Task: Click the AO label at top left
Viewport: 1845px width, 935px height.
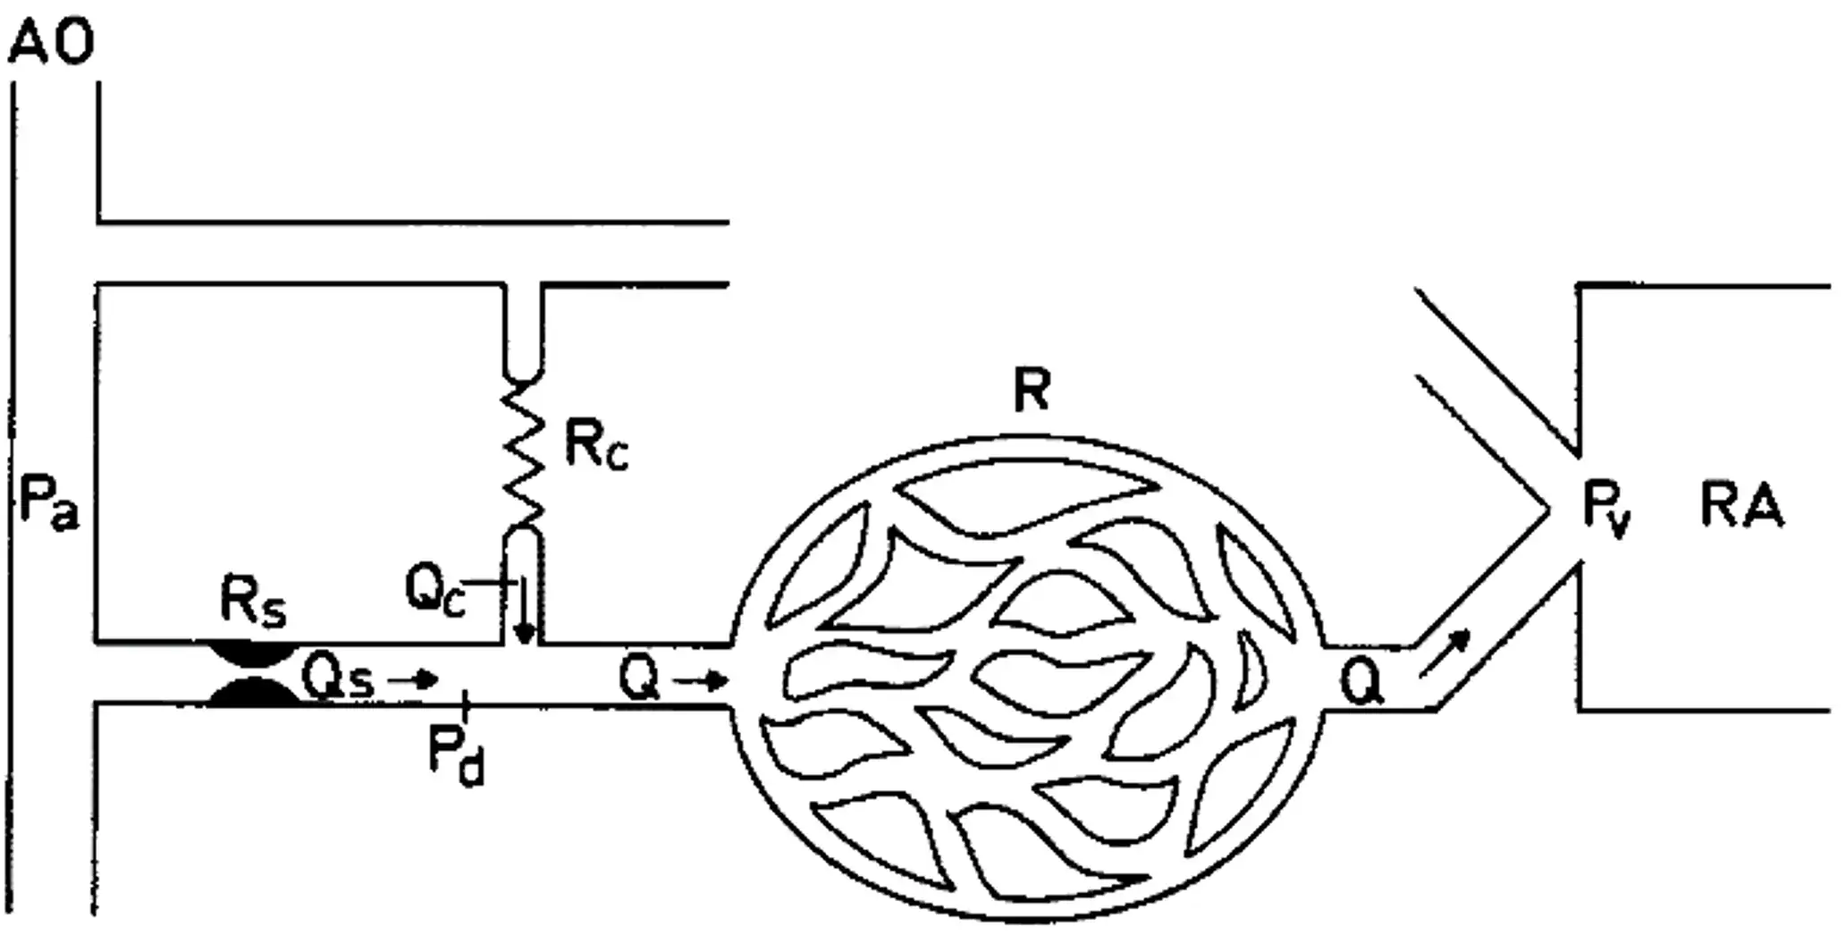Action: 51,43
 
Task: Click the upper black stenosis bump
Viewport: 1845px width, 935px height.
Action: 252,653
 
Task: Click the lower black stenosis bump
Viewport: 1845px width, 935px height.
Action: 252,692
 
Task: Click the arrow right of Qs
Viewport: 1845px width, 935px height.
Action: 412,680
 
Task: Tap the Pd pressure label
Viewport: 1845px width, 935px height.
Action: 457,756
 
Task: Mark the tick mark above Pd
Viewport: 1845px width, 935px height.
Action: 465,706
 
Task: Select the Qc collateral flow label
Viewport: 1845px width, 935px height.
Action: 435,591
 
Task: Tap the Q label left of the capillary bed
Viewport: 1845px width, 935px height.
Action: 639,679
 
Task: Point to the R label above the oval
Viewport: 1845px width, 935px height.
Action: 1032,390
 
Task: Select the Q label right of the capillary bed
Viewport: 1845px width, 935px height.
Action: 1361,685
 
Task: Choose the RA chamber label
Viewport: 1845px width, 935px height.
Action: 1741,506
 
